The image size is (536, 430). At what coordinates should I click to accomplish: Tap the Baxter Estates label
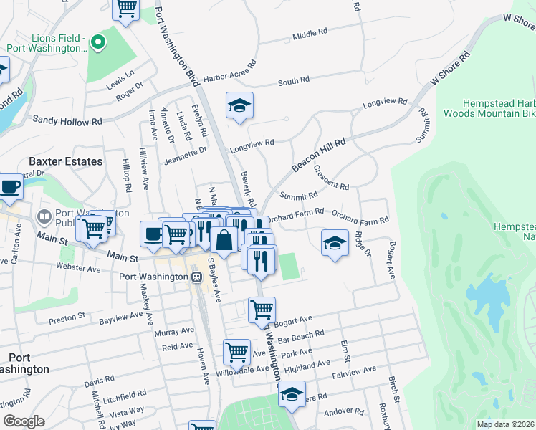pyautogui.click(x=65, y=161)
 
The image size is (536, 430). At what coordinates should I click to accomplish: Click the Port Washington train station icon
pyautogui.click(x=196, y=277)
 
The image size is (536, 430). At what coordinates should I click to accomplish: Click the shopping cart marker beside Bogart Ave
pyautogui.click(x=262, y=310)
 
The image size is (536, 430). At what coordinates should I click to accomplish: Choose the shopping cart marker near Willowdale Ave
pyautogui.click(x=236, y=352)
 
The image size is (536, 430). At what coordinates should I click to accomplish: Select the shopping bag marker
pyautogui.click(x=224, y=242)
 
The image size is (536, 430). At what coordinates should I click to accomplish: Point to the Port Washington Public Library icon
pyautogui.click(x=44, y=216)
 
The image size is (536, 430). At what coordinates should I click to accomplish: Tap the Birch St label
pyautogui.click(x=392, y=387)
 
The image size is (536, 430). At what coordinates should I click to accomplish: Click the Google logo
pyautogui.click(x=24, y=421)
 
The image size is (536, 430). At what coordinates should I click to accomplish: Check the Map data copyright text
pyautogui.click(x=505, y=424)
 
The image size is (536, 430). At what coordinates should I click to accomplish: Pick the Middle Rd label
pyautogui.click(x=310, y=34)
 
